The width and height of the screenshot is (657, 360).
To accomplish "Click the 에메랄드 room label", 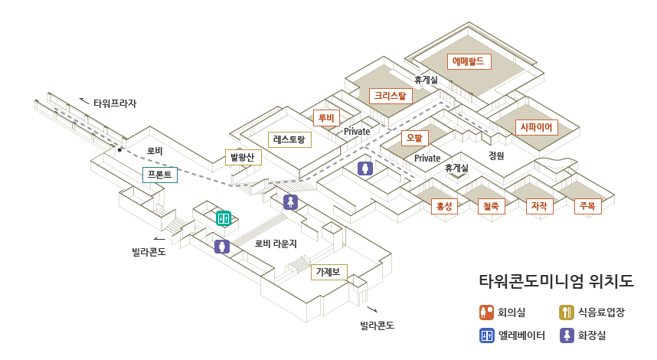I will coord(469,61).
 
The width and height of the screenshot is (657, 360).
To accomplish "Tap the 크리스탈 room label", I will coord(391,96).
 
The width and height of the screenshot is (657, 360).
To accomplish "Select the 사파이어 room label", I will coord(537,127).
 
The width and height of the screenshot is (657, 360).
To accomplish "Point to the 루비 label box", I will coord(327,118).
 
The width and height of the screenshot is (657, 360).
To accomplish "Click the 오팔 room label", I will coord(415,139).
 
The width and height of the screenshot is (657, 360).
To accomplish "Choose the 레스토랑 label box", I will coord(289,139).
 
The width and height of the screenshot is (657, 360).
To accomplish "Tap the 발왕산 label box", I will coord(244,157).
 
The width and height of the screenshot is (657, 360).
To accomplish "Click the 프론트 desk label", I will coord(161,175).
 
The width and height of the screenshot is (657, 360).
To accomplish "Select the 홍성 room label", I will coord(444,206).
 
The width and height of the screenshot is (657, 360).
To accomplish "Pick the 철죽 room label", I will coord(491,206).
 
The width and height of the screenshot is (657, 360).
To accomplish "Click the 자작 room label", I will coord(539,206).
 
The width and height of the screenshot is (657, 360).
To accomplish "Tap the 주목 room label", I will coord(587,206).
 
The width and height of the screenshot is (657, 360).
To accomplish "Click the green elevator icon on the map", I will coord(224,218).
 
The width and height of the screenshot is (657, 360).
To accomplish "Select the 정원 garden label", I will coord(496,155).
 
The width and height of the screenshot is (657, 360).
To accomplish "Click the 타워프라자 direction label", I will coord(115,103).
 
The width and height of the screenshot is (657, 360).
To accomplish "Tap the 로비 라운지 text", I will coord(276,244).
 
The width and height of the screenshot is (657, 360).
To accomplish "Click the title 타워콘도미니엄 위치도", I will coord(556,280).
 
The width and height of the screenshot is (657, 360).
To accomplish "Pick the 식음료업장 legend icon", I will coord(567,312).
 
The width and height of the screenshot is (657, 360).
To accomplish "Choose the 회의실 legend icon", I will coord(486,312).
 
